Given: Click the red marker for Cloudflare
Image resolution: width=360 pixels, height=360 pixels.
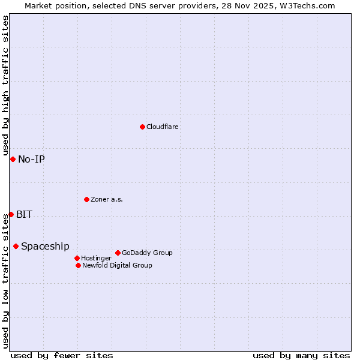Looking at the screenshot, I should (142, 127).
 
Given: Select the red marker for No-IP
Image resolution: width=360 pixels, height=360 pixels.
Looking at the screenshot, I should (13, 159).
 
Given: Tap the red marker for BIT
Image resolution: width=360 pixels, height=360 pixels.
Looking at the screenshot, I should (11, 214).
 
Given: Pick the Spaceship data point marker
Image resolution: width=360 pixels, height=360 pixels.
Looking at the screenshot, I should (16, 246).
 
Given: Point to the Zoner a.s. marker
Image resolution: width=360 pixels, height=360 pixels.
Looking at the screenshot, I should (86, 199).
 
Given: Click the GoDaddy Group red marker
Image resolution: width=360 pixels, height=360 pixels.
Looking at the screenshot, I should (118, 253).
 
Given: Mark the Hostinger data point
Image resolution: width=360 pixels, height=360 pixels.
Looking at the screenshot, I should (77, 258).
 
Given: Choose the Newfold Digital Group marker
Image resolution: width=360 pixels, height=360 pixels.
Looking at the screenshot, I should (78, 265).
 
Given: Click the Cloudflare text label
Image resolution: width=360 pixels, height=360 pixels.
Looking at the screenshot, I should (163, 127).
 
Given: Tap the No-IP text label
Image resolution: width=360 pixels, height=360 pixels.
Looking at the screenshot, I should (31, 159).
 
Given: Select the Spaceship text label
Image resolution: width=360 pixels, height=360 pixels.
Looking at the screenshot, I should (45, 246).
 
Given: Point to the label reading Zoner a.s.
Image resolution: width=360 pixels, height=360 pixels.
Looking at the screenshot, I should (107, 199).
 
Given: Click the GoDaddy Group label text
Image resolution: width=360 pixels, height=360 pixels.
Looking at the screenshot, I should (147, 253).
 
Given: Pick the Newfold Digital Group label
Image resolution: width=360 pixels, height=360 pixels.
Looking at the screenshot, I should (117, 265).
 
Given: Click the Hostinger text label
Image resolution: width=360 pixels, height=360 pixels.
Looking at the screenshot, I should (96, 258).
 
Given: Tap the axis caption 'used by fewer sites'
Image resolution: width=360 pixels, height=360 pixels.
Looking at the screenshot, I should (62, 355).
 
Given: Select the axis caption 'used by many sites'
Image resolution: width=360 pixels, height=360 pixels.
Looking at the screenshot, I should (301, 355).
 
